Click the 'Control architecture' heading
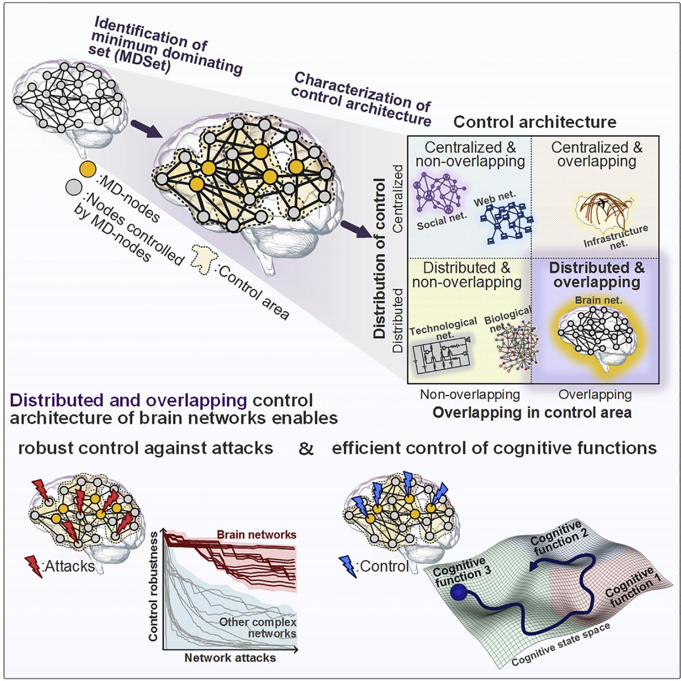(x=535, y=122)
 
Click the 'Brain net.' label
(x=598, y=300)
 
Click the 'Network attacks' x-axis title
(x=230, y=658)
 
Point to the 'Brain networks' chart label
(x=256, y=535)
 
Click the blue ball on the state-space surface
(x=458, y=594)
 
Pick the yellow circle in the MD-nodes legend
(x=87, y=169)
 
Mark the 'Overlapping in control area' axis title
(x=532, y=412)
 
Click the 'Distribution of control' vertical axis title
(x=380, y=258)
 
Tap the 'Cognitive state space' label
(x=560, y=645)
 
